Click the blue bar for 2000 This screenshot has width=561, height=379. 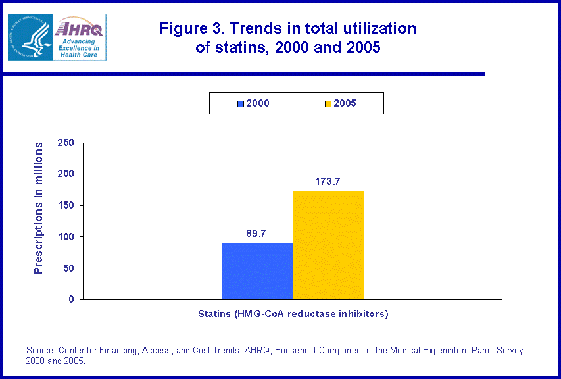(x=257, y=271)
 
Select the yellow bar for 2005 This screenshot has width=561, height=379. (x=328, y=245)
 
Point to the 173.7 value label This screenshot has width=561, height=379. (x=326, y=181)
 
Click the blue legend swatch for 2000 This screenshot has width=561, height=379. (x=241, y=103)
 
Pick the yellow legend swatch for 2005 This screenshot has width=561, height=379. (x=328, y=103)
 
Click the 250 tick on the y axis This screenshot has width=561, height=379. (x=67, y=143)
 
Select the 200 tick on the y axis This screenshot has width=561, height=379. (x=67, y=174)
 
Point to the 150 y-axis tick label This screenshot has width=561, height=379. (x=67, y=205)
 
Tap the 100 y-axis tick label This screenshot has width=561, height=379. (x=67, y=236)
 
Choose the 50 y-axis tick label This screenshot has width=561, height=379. (x=70, y=268)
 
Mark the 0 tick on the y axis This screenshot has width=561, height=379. (x=72, y=299)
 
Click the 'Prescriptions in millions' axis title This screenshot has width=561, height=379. (x=39, y=208)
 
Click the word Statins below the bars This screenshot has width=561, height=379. (x=214, y=314)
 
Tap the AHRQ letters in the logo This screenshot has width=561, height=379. (x=78, y=28)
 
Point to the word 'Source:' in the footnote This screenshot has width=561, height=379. (x=41, y=351)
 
